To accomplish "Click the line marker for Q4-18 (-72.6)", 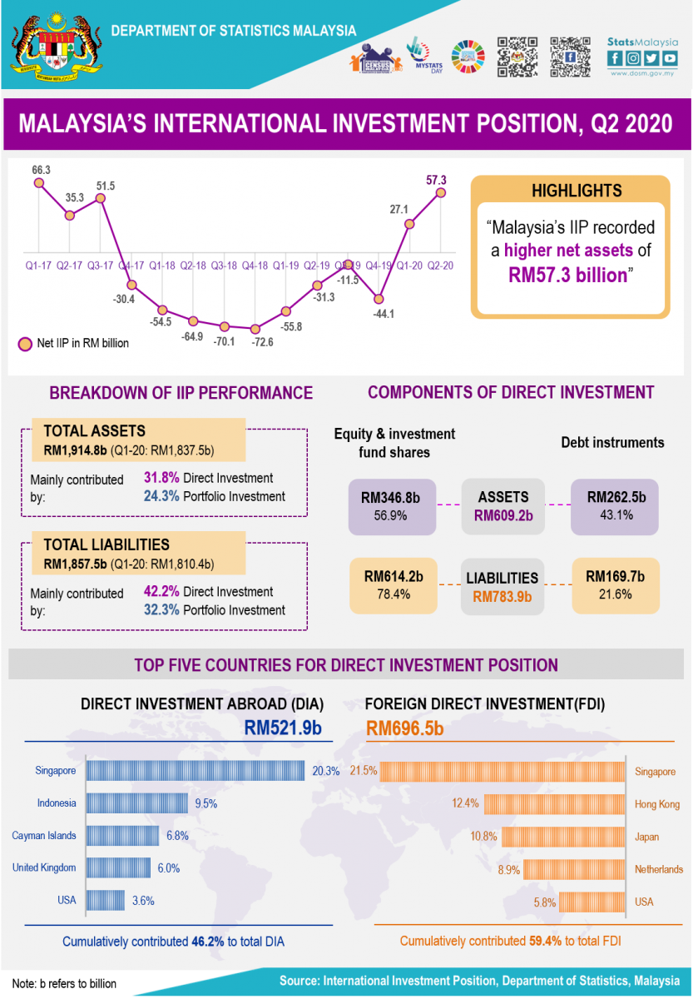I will coord(255,329).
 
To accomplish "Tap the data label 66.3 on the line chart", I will coord(42,171).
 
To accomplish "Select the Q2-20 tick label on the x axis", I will coord(440,266).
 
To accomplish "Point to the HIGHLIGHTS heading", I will coord(577,191).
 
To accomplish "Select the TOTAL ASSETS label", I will coord(94,431).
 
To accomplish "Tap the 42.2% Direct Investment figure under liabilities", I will coord(208,592).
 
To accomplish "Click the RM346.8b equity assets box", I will coord(391,506).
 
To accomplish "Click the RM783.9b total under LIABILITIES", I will coord(502,596).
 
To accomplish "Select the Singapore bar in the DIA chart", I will coord(196,771).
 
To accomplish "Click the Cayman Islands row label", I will coord(44,835).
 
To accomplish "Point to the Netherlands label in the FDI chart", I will coord(658,869).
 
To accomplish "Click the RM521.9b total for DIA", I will coord(283,727).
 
